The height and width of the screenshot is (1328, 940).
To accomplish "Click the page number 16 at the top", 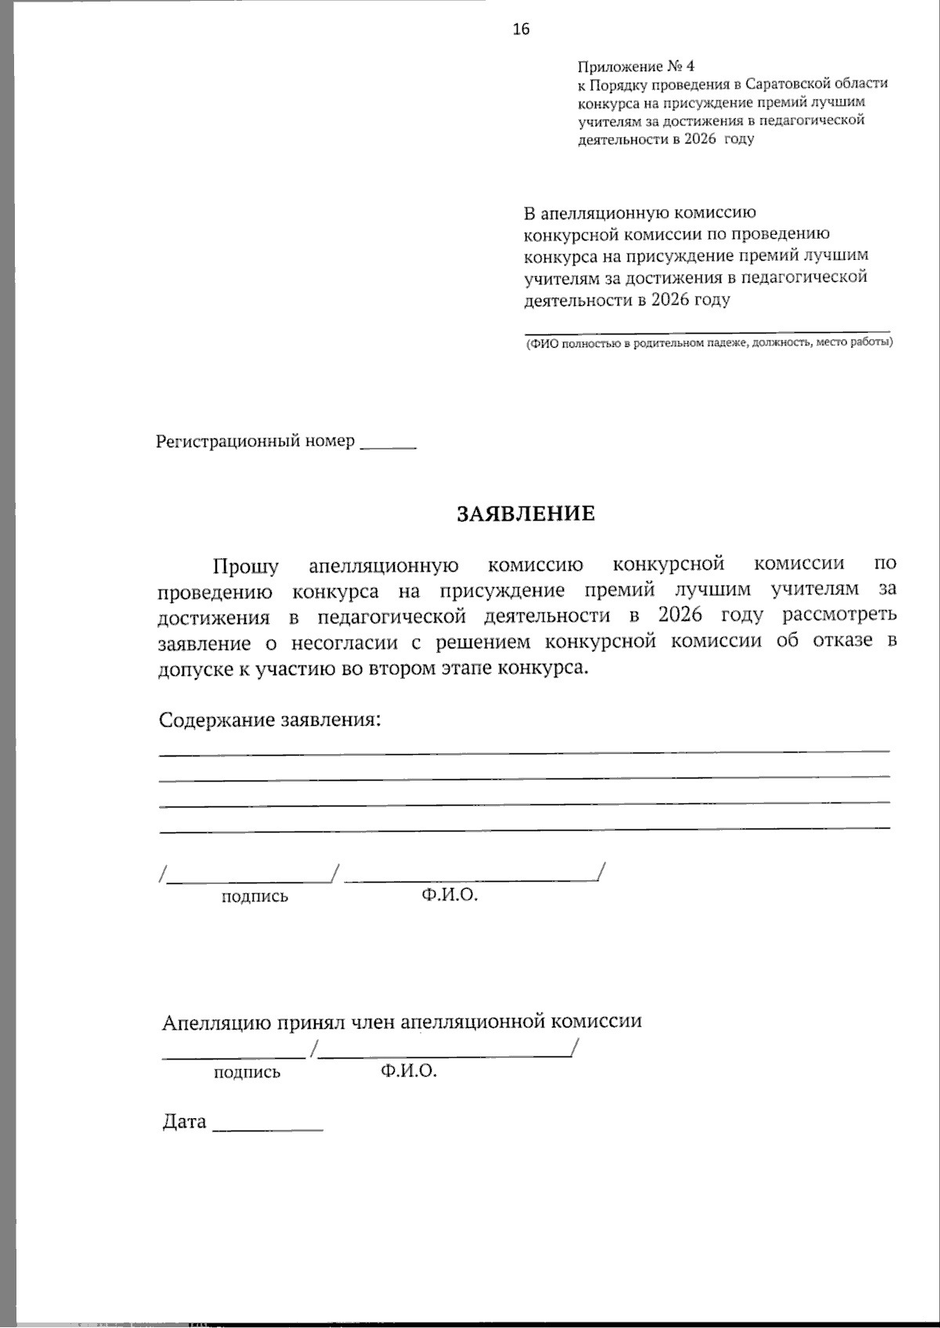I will point(521,30).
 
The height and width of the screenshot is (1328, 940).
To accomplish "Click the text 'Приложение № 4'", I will point(635,67).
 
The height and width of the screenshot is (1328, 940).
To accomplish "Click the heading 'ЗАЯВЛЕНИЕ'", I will point(526,514).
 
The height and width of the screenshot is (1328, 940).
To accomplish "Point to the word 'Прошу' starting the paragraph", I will point(245,565).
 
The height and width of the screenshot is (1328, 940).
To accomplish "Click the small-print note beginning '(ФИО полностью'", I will point(708,343).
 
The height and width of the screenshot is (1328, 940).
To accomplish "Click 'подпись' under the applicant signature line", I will point(255,897).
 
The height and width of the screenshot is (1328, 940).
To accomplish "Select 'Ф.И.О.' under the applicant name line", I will point(449,895).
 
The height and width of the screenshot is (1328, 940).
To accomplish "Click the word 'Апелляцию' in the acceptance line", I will point(208,1023).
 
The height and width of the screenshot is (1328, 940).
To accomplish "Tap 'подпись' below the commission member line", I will point(247,1073).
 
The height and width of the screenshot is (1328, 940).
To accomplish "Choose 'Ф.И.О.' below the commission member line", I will point(409,1071).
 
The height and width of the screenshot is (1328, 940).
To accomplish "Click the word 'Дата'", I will point(184,1122).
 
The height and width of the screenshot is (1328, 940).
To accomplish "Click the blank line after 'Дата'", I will point(267,1128).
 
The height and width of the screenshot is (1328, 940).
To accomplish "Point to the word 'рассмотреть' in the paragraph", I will point(839,615).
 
